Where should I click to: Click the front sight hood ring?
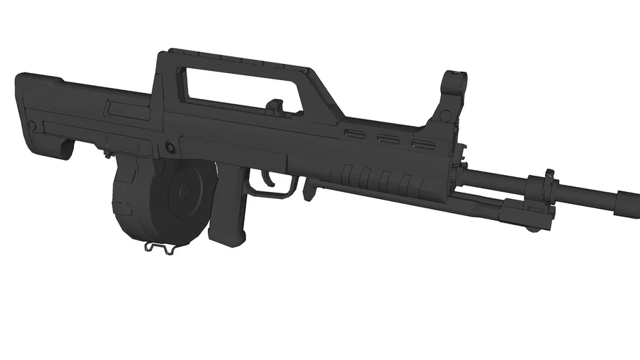(x=458, y=77)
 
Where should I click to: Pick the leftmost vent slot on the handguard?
(x=356, y=133)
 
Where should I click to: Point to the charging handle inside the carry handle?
(x=275, y=106)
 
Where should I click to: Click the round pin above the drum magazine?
(x=169, y=147)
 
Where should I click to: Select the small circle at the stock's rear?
(x=32, y=125)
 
